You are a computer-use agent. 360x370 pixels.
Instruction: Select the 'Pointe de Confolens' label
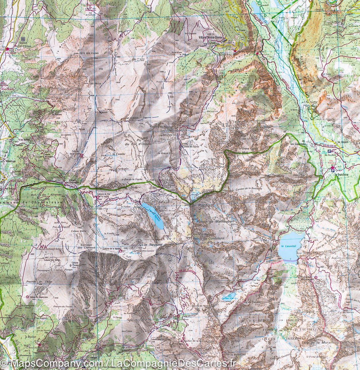[211, 239]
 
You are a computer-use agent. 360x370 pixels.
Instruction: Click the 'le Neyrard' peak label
[153, 245]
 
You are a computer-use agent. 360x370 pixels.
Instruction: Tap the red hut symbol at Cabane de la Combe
[81, 156]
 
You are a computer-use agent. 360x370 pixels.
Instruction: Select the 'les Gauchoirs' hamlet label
[299, 144]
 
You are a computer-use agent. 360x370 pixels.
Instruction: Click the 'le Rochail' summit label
[201, 205]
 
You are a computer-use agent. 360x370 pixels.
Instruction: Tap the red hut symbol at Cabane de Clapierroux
[28, 297]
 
